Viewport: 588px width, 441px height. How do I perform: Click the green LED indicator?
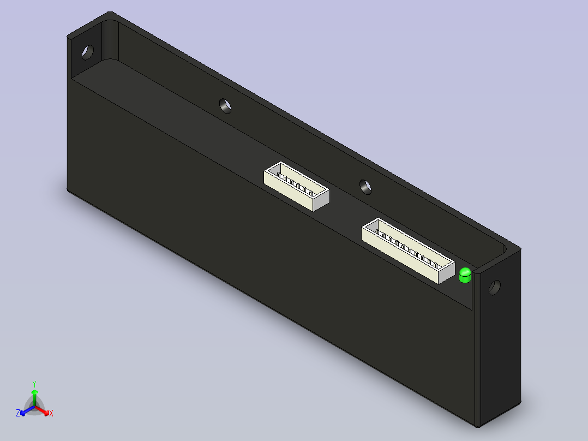pyautogui.click(x=465, y=275)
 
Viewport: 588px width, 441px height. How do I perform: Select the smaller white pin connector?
pyautogui.click(x=297, y=187)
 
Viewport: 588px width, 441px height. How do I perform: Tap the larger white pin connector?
pyautogui.click(x=408, y=251)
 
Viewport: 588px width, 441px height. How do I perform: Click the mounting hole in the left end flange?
pyautogui.click(x=88, y=52)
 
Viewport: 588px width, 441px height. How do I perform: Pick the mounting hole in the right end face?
pyautogui.click(x=495, y=288)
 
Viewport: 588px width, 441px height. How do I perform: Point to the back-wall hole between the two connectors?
pyautogui.click(x=365, y=187)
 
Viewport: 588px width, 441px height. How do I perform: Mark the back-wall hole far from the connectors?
pyautogui.click(x=225, y=106)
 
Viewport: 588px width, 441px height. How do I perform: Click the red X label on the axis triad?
pyautogui.click(x=51, y=413)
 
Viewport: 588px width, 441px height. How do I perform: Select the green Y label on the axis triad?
pyautogui.click(x=34, y=384)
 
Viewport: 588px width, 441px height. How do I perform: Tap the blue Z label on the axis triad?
pyautogui.click(x=18, y=413)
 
